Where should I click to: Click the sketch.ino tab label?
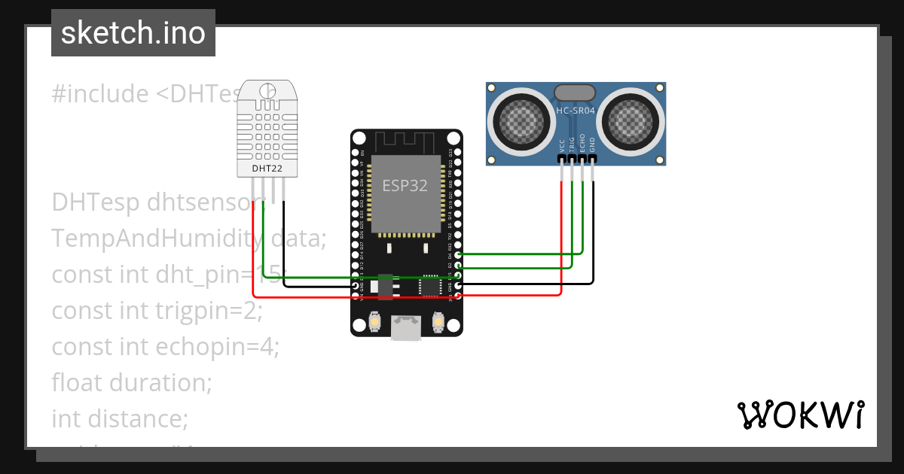coord(133,33)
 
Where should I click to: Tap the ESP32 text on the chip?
coord(405,186)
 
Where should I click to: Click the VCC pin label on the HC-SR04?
coord(562,145)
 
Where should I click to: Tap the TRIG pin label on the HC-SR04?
coord(572,144)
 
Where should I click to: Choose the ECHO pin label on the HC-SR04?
coord(582,144)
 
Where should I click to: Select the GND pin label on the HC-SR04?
coord(592,145)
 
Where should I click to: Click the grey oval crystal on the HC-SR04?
coord(576,93)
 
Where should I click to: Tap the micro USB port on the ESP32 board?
coord(406,328)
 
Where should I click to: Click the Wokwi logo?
coord(800,415)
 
